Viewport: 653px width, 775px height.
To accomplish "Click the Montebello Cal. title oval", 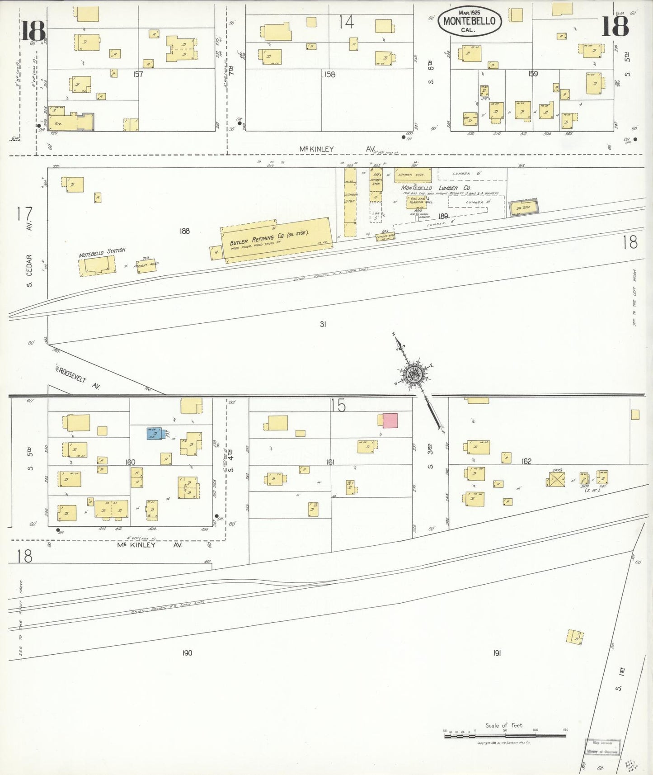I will point(470,21).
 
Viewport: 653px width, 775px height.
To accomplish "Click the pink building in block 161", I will point(390,421).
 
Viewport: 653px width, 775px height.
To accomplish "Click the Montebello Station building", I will point(97,265).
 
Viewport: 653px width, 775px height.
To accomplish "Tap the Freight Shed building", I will point(147,265).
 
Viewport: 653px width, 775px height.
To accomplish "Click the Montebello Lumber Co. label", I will point(436,188).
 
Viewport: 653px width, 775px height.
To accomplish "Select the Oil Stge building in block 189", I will point(524,207).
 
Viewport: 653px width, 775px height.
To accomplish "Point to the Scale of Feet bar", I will point(505,736).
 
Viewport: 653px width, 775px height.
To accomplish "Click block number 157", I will point(138,74).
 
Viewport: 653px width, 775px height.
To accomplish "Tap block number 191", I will point(497,653).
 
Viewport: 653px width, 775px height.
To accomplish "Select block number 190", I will point(187,652).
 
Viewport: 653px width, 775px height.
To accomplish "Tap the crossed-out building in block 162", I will point(556,479).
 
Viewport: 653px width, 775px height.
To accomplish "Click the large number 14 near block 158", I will point(347,22).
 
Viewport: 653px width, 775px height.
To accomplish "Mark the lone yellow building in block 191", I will point(575,637).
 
